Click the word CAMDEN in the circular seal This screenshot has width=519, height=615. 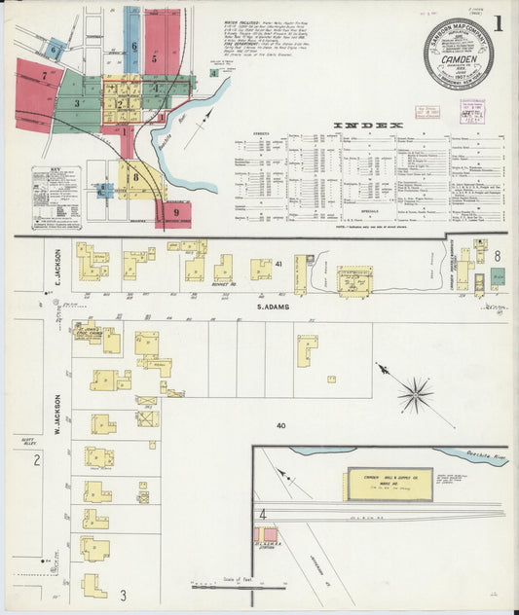[x=458, y=56]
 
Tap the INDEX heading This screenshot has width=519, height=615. [x=367, y=126]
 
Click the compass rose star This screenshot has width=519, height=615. [x=416, y=394]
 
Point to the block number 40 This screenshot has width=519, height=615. [x=281, y=425]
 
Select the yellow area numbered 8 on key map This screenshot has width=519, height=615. [x=137, y=177]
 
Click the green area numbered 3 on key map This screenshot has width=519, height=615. [x=76, y=102]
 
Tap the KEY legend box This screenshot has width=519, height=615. [x=56, y=198]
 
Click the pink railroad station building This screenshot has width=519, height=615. [x=265, y=534]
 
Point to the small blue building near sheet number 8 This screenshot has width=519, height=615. [x=497, y=276]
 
